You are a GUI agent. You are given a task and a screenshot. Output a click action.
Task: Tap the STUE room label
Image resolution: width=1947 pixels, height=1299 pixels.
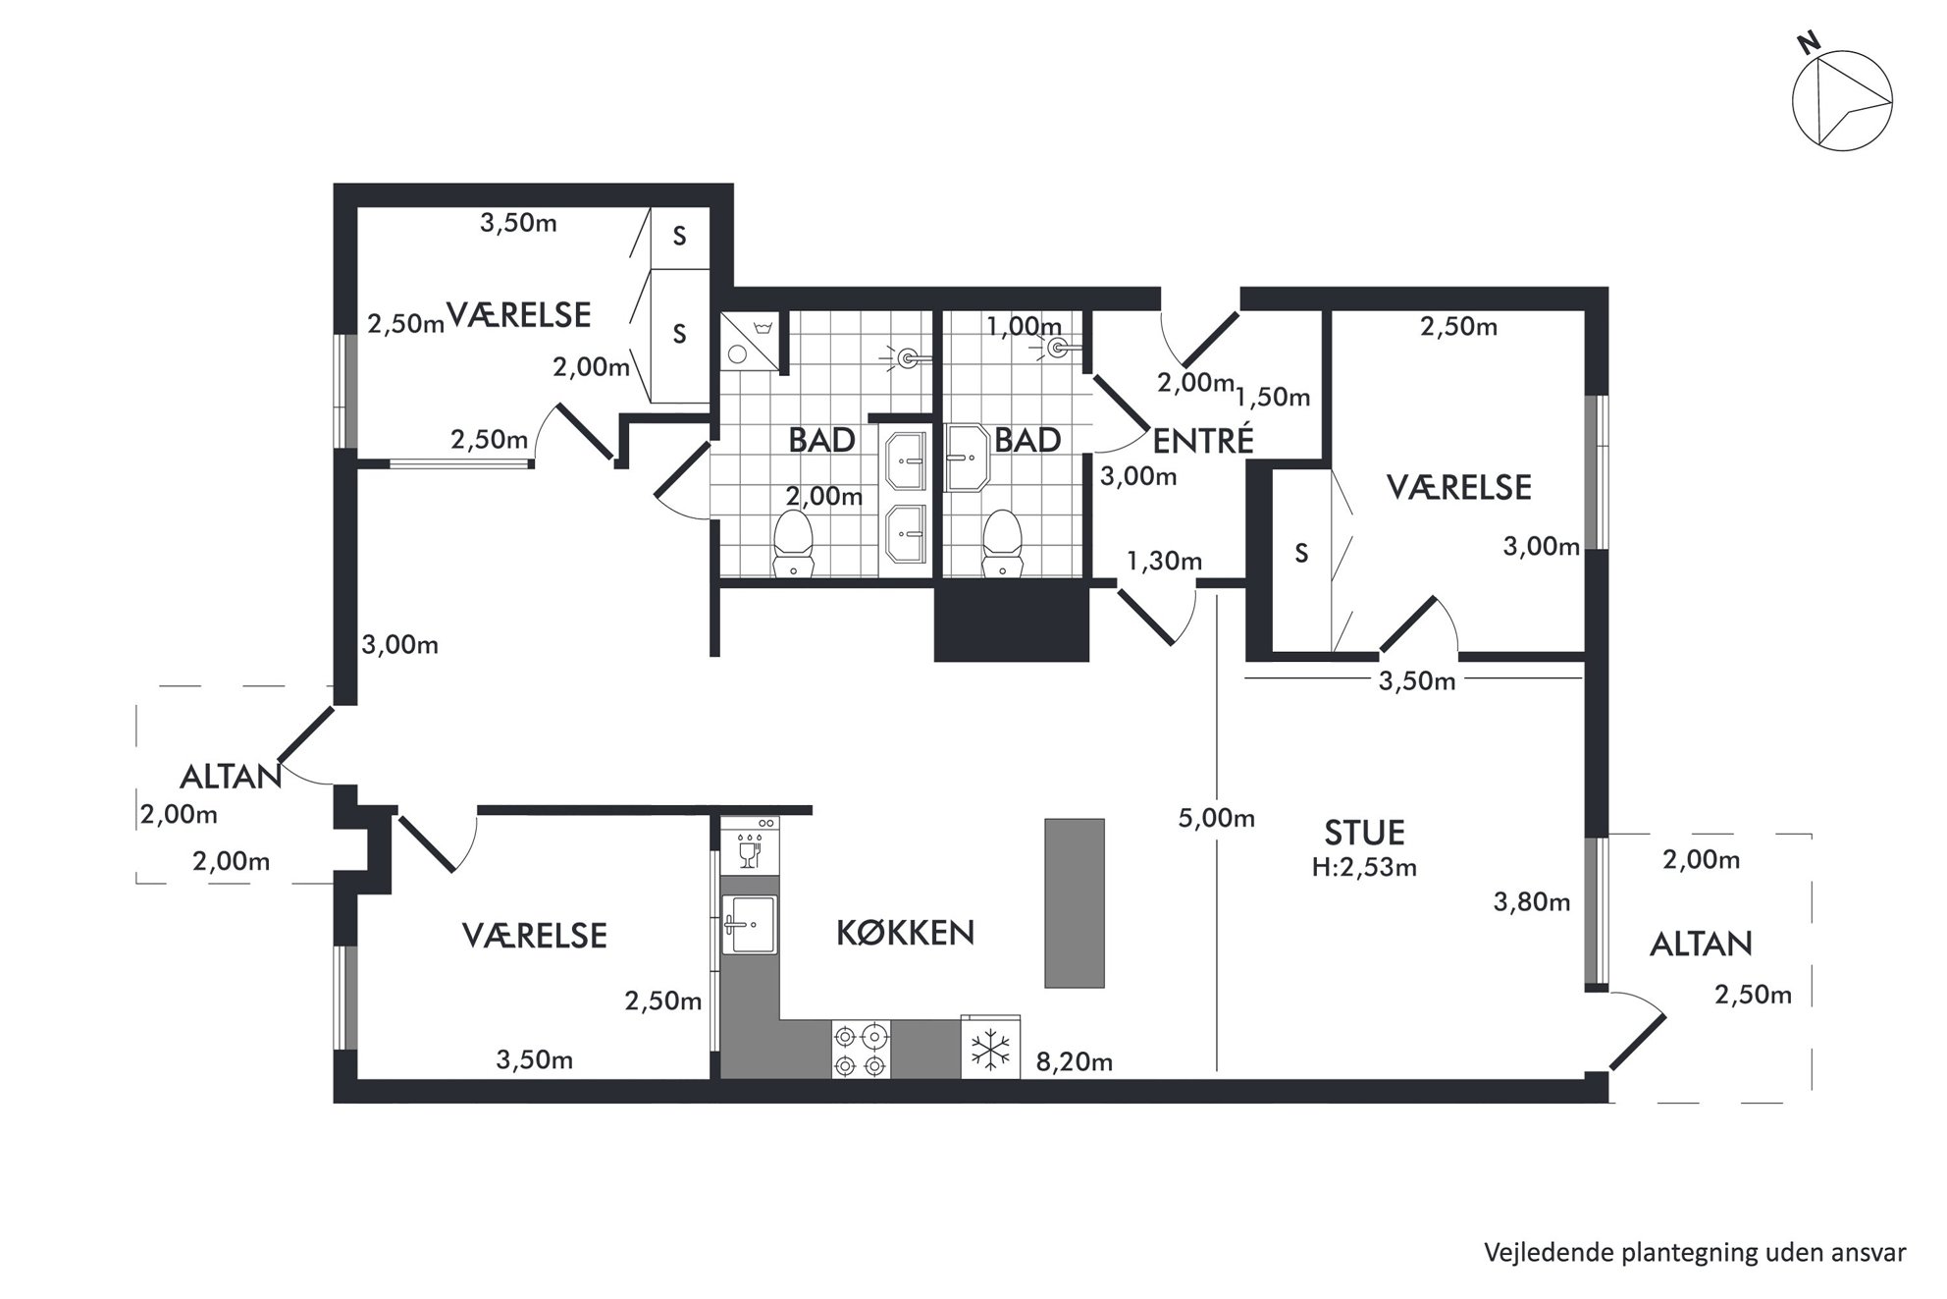click(1364, 833)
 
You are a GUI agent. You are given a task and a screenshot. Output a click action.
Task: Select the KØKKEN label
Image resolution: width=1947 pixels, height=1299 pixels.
click(905, 933)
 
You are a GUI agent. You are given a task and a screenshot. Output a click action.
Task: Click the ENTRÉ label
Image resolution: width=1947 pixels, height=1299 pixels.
click(1203, 441)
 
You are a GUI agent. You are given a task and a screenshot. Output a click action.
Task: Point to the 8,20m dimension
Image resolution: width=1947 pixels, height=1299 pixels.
click(1075, 1061)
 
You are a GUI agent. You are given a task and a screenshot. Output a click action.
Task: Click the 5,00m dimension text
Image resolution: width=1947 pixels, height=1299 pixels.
click(1217, 818)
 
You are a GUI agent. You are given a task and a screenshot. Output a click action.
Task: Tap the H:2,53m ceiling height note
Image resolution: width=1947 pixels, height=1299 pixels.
click(1364, 867)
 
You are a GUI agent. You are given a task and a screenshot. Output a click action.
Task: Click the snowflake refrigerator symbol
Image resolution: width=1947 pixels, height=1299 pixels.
click(991, 1050)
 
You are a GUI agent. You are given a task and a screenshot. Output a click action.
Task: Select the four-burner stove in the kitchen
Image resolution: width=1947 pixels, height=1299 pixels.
click(862, 1050)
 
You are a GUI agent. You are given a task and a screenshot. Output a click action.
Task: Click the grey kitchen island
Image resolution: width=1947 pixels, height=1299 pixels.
click(1075, 902)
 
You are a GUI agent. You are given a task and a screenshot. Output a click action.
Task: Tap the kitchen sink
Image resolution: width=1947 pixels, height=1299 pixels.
click(750, 924)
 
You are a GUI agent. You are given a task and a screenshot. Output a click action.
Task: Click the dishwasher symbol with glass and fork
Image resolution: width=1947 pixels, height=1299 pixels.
click(750, 845)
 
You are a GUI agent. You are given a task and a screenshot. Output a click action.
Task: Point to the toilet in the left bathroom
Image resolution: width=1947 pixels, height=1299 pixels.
click(794, 544)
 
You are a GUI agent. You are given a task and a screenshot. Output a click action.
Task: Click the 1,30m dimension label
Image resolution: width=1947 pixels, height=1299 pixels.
click(1164, 562)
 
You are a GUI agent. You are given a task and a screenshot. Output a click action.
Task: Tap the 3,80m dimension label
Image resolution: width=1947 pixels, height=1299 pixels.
click(1532, 901)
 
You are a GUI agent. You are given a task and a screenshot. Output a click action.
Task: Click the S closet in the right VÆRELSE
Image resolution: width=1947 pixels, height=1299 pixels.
click(1301, 554)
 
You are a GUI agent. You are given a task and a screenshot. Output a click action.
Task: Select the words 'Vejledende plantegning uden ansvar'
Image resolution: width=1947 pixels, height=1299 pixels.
click(1695, 1253)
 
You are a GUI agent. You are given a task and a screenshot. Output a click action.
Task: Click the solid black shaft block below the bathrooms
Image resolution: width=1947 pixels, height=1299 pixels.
click(1012, 625)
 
